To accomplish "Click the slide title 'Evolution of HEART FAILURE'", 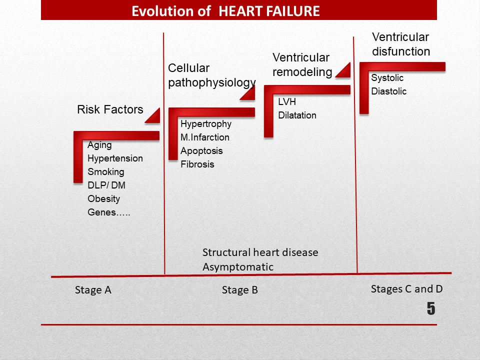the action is [x=225, y=11].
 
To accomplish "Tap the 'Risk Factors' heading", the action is [x=110, y=109].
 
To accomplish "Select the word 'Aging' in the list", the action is [x=99, y=145].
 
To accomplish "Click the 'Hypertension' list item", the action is [x=115, y=158].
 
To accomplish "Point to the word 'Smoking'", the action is [x=106, y=172].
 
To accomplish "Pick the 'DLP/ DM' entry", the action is [x=106, y=185].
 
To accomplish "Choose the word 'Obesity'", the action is [x=104, y=199].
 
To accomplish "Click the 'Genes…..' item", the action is [x=109, y=212].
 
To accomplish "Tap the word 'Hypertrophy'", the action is [x=206, y=124].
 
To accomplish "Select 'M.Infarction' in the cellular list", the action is [x=205, y=137].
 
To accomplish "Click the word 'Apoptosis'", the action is [x=201, y=151].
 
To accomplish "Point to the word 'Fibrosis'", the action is [x=197, y=164].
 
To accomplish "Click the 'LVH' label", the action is [x=287, y=101].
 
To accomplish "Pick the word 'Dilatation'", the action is [x=297, y=115].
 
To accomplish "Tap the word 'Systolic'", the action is [x=387, y=78].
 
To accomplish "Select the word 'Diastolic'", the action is [x=389, y=91].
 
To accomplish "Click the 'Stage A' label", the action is [x=93, y=290].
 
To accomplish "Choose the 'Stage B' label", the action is [x=240, y=290].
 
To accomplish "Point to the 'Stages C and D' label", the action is [x=407, y=289].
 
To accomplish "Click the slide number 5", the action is [x=431, y=308].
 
